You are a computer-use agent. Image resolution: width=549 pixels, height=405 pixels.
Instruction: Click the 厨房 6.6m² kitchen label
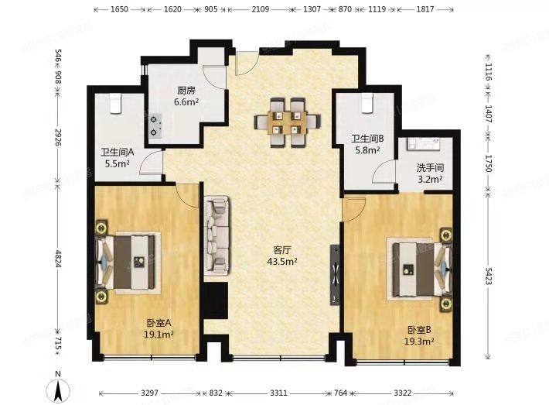pos(186,95)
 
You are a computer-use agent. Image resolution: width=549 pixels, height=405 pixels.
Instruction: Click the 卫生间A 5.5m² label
pos(118,158)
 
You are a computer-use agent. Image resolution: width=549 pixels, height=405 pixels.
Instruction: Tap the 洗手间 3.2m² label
pos(429,173)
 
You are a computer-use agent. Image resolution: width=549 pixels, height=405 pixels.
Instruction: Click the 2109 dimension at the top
pos(260,12)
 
